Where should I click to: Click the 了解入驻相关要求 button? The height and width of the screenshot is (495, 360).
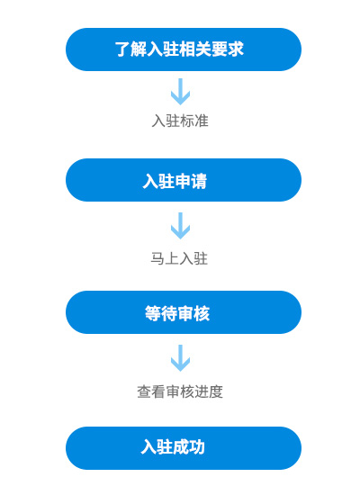point(184,49)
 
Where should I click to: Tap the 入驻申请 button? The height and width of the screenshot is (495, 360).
point(184,180)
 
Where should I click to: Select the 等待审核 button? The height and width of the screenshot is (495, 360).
point(184,312)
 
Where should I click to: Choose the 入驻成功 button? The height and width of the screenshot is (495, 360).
point(184,448)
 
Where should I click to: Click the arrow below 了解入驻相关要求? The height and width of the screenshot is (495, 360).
point(180,92)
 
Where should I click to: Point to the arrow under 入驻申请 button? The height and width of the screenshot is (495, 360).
point(180,225)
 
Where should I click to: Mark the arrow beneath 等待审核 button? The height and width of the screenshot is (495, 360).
point(180,358)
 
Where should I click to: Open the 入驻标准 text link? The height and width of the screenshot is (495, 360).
point(180,121)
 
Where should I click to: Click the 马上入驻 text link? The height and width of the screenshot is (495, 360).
point(179,258)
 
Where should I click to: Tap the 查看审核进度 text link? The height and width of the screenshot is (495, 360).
point(180,391)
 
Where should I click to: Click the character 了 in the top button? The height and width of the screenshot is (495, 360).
point(121,49)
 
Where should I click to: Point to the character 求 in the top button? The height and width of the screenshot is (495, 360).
point(236,49)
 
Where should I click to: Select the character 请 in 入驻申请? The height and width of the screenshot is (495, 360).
point(199,181)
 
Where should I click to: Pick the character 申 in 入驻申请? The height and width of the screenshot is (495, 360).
point(183,181)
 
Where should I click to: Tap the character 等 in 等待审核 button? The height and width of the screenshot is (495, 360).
point(153,313)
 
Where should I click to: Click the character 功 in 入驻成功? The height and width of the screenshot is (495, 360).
point(197,446)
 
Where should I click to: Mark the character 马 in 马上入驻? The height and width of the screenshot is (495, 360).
point(157,258)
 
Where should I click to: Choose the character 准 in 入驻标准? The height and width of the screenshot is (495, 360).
point(202,121)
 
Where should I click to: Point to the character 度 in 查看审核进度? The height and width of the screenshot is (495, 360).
point(216,391)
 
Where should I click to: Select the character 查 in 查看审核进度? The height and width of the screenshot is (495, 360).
point(144,391)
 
